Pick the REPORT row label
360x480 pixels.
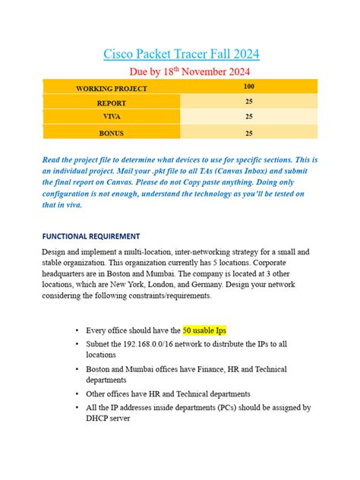pos(112,103)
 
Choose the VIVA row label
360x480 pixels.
pos(112,117)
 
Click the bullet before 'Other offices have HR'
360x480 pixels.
pos(79,393)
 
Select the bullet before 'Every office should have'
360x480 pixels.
pos(79,330)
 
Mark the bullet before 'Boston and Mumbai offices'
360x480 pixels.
pos(79,368)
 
